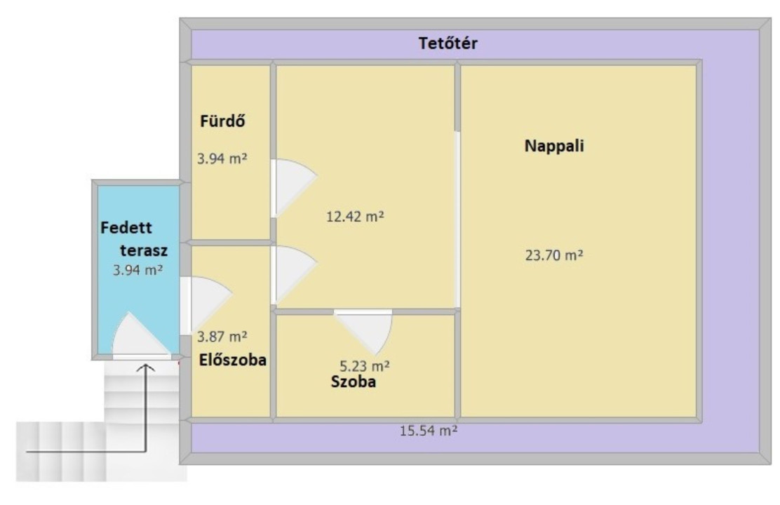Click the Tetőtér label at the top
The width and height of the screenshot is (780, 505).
pos(448,43)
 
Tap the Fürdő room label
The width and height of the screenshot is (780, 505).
pos(222,121)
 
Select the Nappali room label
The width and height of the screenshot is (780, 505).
pos(554,146)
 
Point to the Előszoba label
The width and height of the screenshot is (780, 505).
pos(233,360)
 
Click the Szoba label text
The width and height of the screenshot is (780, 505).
pos(354,382)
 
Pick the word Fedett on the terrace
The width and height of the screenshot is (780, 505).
pos(126,228)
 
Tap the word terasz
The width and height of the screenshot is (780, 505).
pos(144,250)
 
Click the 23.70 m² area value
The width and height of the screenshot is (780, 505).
pos(554,255)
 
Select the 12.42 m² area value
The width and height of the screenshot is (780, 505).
pos(355,217)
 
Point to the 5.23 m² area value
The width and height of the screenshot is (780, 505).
pos(365,366)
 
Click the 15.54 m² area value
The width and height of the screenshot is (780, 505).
pos(429,431)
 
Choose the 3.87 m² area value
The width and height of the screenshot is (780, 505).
pos(222,337)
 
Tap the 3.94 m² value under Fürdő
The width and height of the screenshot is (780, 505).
pos(222,159)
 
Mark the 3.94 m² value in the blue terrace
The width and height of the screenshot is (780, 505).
pos(137,270)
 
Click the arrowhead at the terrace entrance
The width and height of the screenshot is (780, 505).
pos(146,368)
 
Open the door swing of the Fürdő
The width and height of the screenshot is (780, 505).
pos(293,187)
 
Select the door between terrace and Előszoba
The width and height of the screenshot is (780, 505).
pos(205,304)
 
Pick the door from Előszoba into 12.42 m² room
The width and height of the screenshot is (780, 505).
pos(293,275)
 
